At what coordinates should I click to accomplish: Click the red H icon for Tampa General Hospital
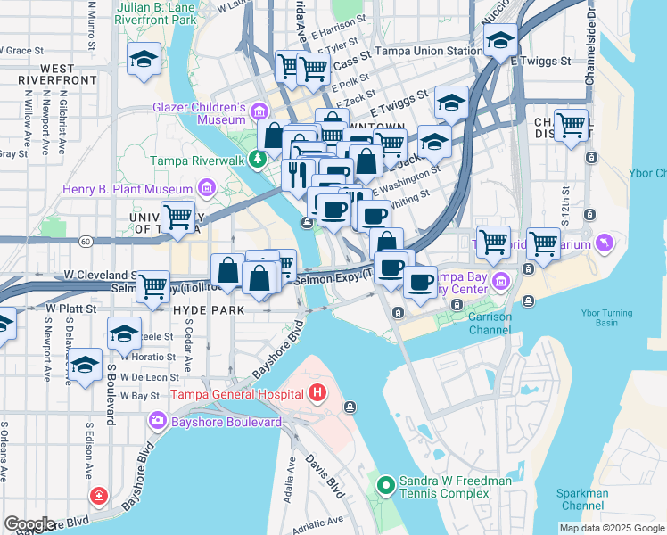[x=317, y=392]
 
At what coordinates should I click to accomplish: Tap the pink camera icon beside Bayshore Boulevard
[x=158, y=420]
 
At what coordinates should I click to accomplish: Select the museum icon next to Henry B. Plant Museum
[x=207, y=188]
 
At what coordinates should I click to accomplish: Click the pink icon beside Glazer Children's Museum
[x=259, y=112]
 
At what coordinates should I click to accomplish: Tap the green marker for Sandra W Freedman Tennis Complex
[x=385, y=486]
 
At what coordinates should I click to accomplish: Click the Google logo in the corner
[x=29, y=523]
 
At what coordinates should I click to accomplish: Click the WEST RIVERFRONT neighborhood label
[x=45, y=74]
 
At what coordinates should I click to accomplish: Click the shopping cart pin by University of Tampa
[x=178, y=216]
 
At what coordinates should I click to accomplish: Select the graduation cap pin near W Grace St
[x=144, y=58]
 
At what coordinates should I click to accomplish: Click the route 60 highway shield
[x=85, y=241]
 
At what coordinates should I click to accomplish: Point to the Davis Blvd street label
[x=324, y=476]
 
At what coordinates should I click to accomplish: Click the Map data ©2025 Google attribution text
[x=612, y=528]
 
